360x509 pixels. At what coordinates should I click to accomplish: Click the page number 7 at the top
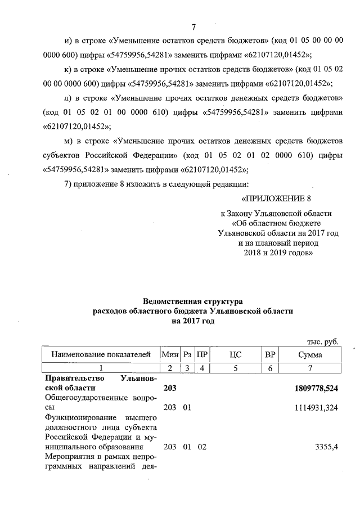click(193, 26)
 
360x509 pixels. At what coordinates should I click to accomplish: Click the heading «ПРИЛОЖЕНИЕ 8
click(276, 199)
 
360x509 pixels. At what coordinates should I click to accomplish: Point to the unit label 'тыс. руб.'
click(322, 341)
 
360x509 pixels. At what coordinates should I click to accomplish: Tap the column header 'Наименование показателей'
click(101, 355)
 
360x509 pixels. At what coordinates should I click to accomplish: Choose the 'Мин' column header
click(169, 355)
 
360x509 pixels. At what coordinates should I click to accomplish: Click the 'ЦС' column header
click(235, 355)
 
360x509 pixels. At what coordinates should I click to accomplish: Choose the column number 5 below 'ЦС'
click(235, 368)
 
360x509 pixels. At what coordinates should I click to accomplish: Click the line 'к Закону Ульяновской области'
click(276, 214)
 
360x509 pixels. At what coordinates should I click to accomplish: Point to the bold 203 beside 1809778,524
click(169, 388)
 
